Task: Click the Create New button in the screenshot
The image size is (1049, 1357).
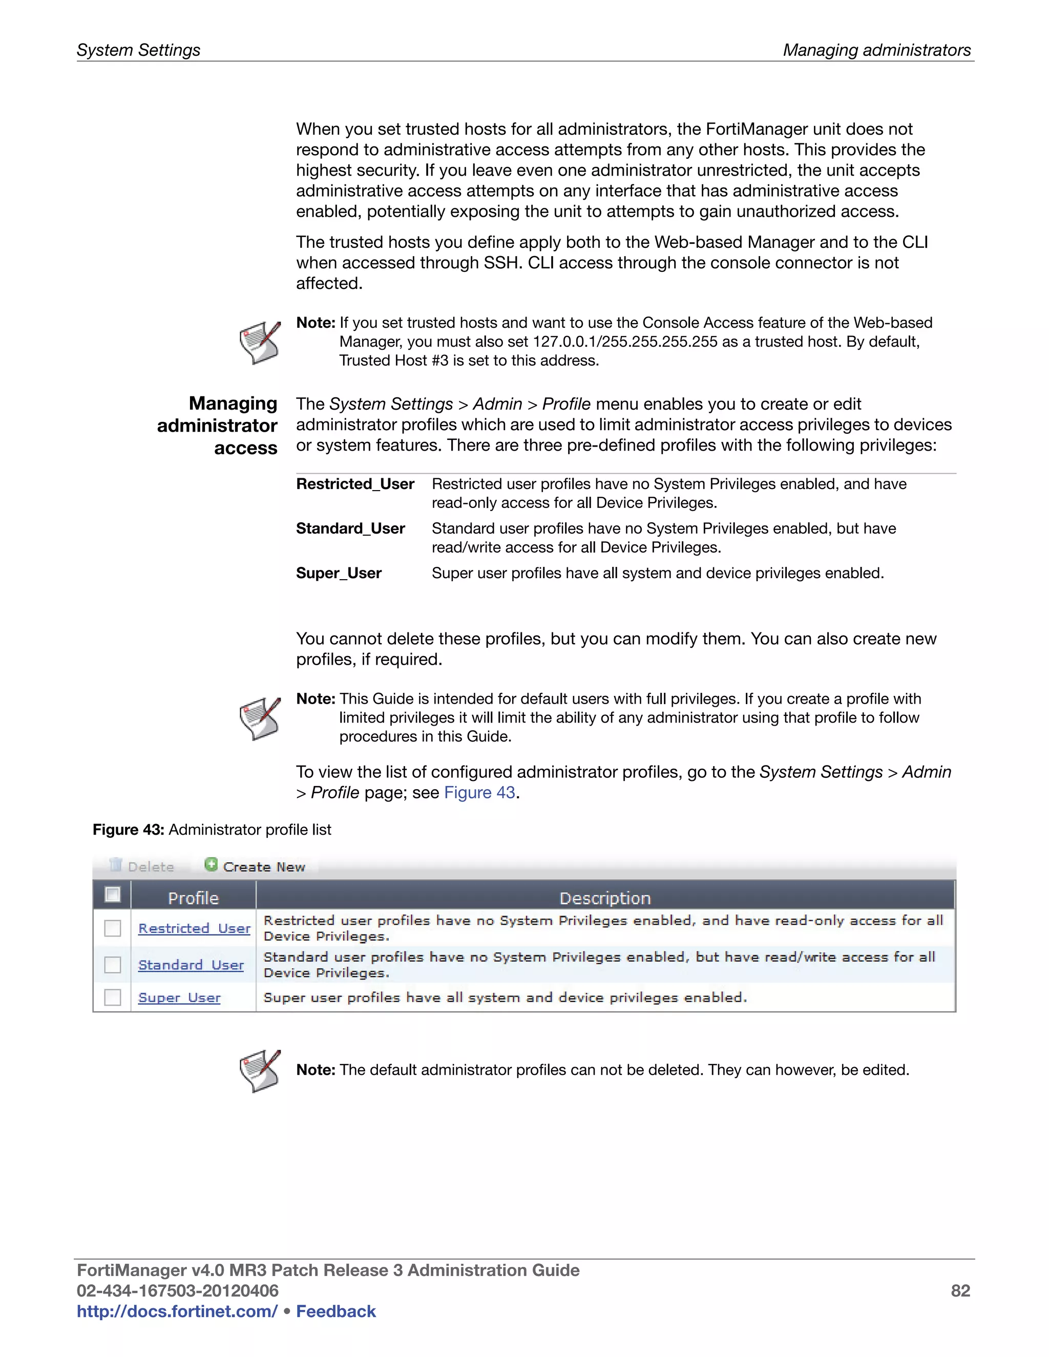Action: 256,866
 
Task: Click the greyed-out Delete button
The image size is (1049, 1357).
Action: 142,866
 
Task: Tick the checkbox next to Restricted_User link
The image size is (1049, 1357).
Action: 113,928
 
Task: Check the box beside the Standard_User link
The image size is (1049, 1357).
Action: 113,964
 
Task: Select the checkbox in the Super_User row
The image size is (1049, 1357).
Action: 113,996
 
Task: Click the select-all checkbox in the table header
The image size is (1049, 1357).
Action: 113,895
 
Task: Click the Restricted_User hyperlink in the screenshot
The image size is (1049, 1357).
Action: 194,928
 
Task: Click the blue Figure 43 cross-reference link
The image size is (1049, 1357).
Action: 479,792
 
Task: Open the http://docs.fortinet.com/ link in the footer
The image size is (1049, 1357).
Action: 177,1311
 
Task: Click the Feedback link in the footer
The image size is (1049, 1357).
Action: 335,1311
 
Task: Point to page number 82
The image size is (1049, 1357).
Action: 960,1290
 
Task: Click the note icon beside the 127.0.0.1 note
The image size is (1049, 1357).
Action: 260,343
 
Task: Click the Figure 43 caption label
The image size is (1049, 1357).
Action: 128,830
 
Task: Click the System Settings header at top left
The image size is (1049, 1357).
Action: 138,50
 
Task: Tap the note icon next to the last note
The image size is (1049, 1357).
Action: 260,1071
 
